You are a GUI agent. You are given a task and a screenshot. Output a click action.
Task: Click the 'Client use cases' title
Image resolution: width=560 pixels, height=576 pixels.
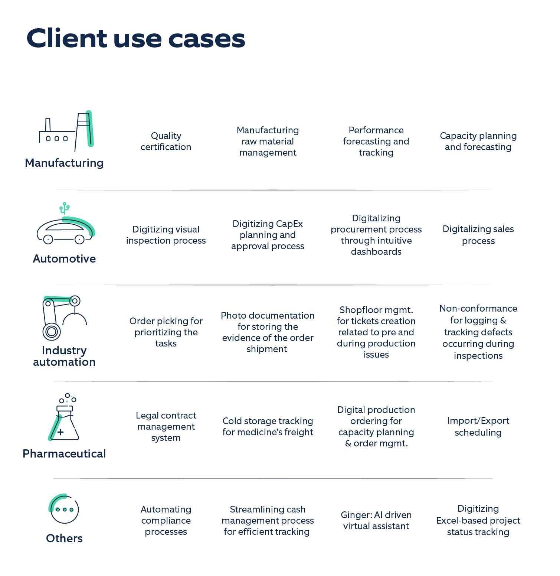[136, 39]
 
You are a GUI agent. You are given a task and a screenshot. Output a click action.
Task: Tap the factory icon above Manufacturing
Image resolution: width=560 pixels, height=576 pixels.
[66, 131]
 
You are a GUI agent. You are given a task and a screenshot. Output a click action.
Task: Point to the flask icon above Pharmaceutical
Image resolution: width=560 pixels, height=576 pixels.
[65, 420]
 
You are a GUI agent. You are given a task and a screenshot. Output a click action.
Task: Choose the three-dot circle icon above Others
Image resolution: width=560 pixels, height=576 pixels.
[64, 509]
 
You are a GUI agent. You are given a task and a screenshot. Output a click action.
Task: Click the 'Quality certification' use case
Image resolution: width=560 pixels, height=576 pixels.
[166, 141]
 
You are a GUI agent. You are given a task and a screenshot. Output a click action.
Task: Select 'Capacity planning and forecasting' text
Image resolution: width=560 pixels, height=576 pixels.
[478, 141]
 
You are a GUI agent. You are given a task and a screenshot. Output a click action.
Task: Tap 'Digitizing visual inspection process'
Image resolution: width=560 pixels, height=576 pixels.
[166, 235]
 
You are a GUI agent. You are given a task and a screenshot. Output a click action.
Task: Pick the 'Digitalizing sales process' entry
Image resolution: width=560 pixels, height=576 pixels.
[478, 235]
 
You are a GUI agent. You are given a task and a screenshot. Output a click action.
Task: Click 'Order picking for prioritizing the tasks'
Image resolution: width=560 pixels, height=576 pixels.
[166, 332]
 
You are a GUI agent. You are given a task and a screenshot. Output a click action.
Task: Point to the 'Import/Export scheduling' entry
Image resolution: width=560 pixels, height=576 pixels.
[478, 426]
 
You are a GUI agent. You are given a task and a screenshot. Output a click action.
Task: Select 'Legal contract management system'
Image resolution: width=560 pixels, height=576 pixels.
[166, 426]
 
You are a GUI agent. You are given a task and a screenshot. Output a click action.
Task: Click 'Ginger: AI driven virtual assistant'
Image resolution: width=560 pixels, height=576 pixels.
[376, 520]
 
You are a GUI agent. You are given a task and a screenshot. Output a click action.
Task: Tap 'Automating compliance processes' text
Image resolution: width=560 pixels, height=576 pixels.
[166, 520]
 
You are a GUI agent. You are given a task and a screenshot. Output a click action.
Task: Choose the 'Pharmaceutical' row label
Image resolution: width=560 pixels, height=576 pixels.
[64, 453]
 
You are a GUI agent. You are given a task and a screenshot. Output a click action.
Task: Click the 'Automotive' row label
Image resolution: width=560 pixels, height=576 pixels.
[64, 258]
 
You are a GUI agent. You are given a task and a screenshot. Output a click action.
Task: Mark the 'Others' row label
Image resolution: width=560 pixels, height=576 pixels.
[64, 538]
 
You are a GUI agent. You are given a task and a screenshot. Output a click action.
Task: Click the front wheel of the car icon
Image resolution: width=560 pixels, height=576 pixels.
[79, 240]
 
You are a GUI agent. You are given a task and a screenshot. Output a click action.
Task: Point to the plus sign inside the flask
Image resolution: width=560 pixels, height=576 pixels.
[60, 432]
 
